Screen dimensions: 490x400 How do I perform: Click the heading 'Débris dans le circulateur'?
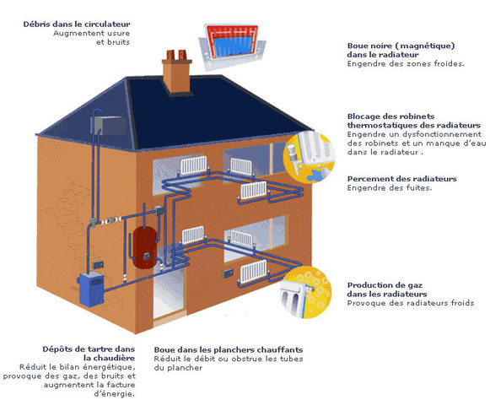click(77, 24)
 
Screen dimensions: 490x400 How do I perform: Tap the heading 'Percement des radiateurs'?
click(402, 179)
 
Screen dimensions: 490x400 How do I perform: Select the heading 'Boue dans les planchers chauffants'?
click(229, 349)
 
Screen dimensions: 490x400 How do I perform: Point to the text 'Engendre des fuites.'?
click(390, 188)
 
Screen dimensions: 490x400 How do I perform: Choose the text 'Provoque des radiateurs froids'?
click(411, 303)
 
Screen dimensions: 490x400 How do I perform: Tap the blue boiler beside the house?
click(91, 289)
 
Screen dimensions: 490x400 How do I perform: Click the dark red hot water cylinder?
click(144, 248)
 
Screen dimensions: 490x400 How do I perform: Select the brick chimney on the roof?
click(176, 71)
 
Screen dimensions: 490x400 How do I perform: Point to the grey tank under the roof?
click(109, 126)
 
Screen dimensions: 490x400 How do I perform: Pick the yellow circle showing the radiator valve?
click(309, 159)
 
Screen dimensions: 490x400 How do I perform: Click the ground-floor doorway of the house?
click(168, 294)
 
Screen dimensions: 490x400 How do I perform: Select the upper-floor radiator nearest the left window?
click(194, 165)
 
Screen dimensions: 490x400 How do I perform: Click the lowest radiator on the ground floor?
click(254, 272)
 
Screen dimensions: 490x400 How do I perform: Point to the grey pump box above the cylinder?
click(159, 211)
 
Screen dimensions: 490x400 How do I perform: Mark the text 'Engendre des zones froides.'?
click(406, 64)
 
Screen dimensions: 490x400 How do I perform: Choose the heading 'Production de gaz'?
click(385, 285)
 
